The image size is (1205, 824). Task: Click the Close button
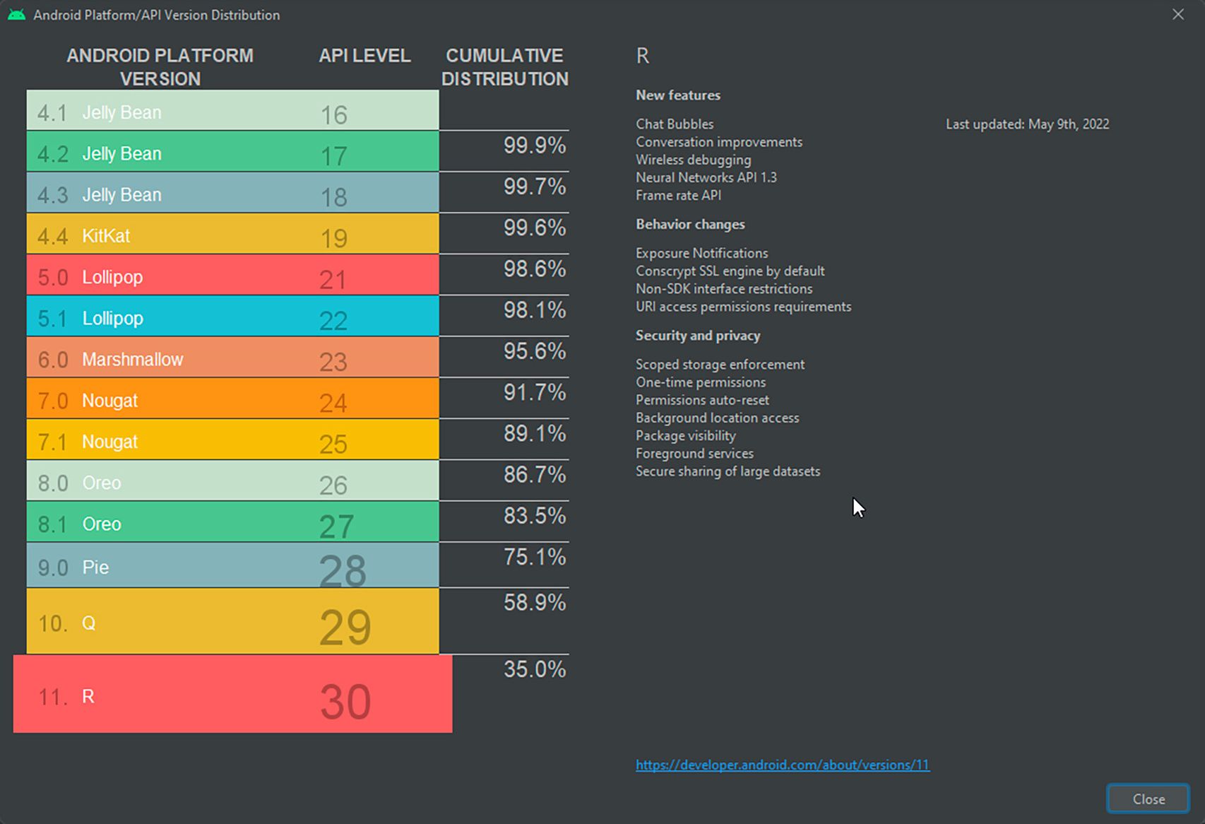pos(1148,799)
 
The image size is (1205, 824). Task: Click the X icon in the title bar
pos(1178,15)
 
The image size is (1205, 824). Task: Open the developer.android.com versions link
pos(783,765)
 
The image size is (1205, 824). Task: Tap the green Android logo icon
pos(17,15)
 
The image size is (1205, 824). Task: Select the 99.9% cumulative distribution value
pos(535,146)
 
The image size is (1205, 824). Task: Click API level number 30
pos(345,702)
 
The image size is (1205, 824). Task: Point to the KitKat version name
pos(106,236)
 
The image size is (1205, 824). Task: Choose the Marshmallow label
pos(133,359)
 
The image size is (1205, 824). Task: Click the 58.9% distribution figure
pos(535,602)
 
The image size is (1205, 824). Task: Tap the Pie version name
pos(95,567)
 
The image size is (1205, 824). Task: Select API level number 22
pos(333,321)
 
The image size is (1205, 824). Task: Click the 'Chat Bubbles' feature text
pos(675,124)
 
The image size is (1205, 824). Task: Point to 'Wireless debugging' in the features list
pos(694,160)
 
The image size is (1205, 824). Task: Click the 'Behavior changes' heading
pos(690,224)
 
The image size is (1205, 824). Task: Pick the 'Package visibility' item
pos(685,435)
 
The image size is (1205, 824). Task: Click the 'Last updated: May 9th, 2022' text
pos(1028,124)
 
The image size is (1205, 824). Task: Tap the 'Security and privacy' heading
pos(698,335)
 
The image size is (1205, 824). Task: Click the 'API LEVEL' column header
pos(364,55)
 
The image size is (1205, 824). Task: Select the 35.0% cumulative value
pos(535,669)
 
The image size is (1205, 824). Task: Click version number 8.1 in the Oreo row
pos(52,524)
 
